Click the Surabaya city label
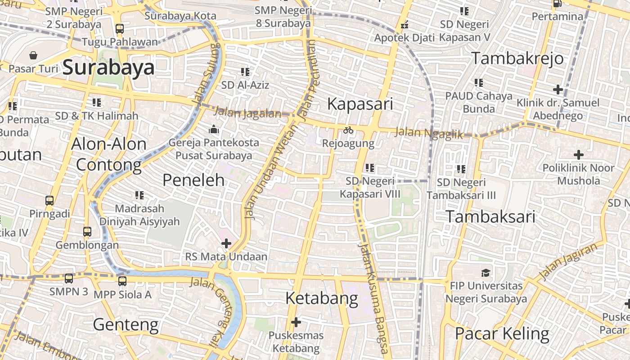[108, 67]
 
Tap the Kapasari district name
[360, 104]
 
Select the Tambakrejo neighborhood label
[517, 58]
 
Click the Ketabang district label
[322, 298]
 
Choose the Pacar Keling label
[502, 334]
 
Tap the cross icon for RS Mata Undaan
[226, 243]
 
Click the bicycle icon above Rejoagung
[348, 130]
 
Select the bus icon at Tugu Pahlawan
[119, 29]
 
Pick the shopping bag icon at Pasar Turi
[33, 55]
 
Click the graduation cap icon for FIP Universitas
[486, 273]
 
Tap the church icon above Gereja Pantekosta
[213, 130]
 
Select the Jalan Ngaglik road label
[428, 133]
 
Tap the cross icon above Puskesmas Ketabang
[296, 322]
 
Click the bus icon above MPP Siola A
[122, 281]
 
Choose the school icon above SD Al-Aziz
[245, 72]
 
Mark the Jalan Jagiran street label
[570, 261]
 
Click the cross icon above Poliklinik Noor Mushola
[579, 155]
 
